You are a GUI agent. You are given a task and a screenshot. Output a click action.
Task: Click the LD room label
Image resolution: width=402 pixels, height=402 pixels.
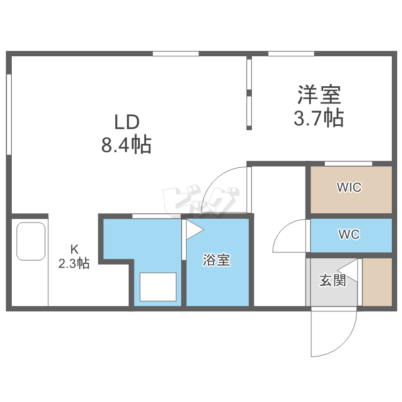point(126,122)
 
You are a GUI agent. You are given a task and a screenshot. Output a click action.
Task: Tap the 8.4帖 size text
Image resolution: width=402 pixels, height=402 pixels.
point(126,145)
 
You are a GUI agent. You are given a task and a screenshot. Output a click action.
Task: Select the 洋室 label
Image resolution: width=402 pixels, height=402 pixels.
point(319,95)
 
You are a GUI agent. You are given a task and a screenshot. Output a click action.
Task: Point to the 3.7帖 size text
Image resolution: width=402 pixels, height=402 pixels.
point(318,117)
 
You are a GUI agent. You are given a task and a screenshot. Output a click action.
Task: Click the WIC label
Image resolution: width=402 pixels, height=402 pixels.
point(349,188)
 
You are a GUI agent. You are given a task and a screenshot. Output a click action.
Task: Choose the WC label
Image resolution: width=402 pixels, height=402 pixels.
point(349,235)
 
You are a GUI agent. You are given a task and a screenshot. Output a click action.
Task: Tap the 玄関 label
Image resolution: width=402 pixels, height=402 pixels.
point(332,280)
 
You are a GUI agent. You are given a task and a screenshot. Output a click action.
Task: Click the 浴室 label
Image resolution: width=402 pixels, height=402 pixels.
point(217,260)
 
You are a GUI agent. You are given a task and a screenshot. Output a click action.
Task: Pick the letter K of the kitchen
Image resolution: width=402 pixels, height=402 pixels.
point(75,249)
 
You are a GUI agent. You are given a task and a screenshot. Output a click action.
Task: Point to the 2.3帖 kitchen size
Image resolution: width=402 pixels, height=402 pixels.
point(74,263)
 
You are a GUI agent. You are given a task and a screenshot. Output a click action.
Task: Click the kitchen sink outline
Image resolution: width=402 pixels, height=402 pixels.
point(31,241)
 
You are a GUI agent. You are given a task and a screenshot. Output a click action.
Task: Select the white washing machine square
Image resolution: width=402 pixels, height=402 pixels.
point(158,287)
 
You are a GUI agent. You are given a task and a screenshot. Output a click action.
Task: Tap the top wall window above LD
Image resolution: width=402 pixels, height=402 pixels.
point(176,54)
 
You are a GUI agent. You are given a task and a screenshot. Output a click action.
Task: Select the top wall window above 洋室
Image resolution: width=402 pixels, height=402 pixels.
point(291,54)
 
